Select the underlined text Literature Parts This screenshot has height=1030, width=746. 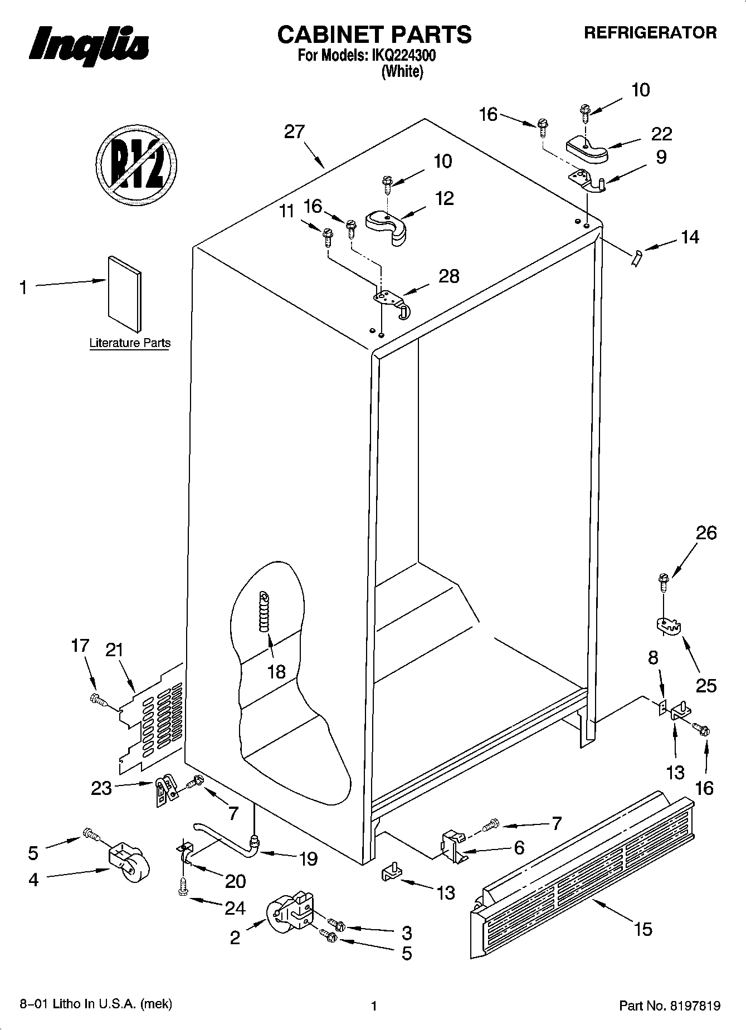point(130,343)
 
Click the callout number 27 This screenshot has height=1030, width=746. point(294,132)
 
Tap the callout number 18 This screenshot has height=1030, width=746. point(276,671)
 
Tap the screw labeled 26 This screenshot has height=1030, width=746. point(663,583)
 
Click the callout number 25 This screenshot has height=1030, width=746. point(706,685)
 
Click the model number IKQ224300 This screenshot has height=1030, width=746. point(404,56)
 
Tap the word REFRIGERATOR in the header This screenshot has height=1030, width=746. point(650,33)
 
